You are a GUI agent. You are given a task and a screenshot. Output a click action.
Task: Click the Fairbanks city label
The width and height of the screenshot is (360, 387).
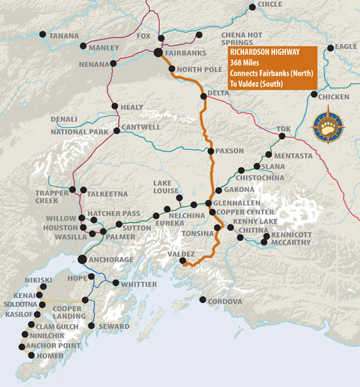click(190, 52)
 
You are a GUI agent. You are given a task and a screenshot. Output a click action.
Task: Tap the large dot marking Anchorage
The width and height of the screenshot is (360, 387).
click(82, 260)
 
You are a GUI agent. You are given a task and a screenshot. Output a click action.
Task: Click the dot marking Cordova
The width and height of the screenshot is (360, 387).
click(203, 301)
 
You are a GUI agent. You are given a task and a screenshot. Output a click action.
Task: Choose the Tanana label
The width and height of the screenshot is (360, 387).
click(64, 35)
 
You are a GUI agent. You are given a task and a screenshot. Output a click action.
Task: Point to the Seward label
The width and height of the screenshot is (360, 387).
click(111, 326)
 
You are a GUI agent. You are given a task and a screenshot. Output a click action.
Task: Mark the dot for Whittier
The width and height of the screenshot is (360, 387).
click(115, 284)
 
